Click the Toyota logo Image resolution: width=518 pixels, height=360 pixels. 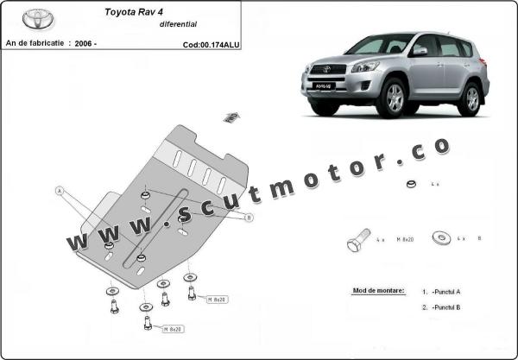pyautogui.click(x=35, y=17)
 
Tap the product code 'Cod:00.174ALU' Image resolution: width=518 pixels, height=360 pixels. pyautogui.click(x=212, y=43)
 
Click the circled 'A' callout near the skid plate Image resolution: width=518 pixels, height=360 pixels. pyautogui.click(x=60, y=190)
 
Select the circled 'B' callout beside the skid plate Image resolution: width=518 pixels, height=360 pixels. pyautogui.click(x=249, y=218)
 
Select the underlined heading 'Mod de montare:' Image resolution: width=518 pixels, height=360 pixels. pyautogui.click(x=378, y=291)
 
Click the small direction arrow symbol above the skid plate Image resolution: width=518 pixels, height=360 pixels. pyautogui.click(x=231, y=116)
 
